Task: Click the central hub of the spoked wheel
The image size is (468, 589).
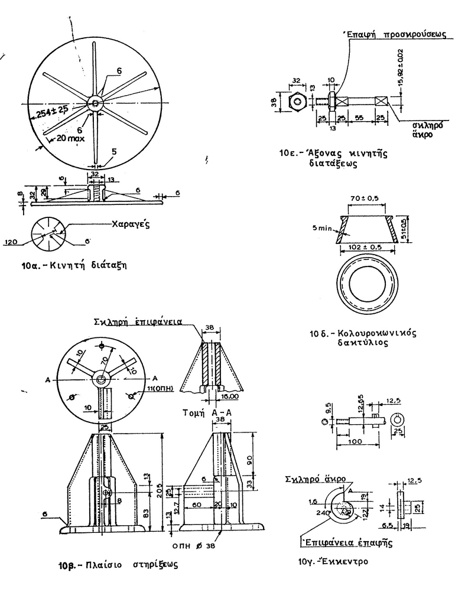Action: pos(95,103)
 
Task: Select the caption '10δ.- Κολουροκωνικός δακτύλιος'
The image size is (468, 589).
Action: pos(363,337)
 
